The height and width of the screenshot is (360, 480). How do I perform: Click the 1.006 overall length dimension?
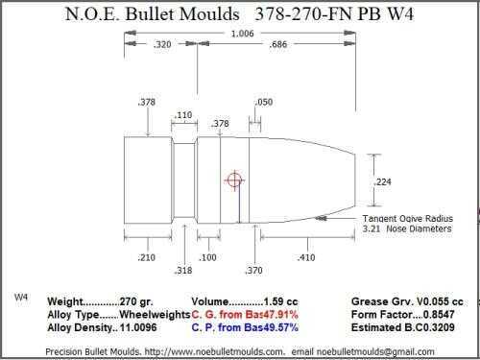tap(242, 34)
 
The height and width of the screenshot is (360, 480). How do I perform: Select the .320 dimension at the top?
tap(162, 44)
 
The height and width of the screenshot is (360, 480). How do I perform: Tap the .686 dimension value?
tap(277, 44)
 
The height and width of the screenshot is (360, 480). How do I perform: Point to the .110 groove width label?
tap(183, 115)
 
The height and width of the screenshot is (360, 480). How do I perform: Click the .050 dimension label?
tap(264, 102)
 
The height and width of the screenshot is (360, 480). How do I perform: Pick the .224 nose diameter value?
tap(382, 182)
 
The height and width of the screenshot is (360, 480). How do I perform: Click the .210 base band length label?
tap(146, 257)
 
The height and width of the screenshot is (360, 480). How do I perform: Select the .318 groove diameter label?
tap(183, 271)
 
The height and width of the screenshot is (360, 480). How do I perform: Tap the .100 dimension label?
tap(207, 257)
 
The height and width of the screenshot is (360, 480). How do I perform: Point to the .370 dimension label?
tap(253, 271)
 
